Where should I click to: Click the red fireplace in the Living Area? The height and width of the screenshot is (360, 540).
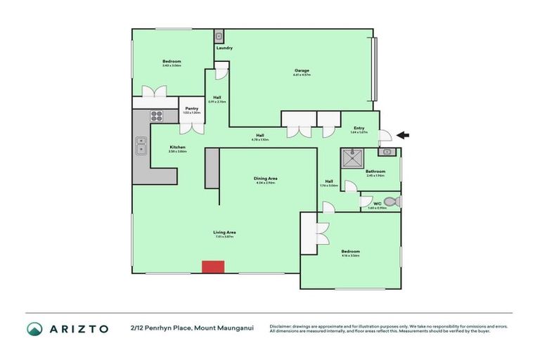[x=212, y=266]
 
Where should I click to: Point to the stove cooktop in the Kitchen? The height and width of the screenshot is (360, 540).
[x=155, y=117]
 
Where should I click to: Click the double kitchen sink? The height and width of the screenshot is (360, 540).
[x=140, y=146]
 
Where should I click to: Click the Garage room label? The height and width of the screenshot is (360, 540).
[x=302, y=70]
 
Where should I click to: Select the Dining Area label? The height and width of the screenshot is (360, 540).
[x=264, y=178]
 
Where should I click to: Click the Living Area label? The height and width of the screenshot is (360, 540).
[x=225, y=232]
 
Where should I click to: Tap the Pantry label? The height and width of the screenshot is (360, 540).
[x=191, y=108]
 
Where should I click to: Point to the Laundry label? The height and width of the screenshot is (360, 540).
[x=224, y=48]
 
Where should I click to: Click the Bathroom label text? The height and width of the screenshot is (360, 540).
[x=375, y=172]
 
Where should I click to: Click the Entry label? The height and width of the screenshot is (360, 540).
[x=359, y=128]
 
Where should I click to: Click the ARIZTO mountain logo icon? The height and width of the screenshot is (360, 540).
[x=34, y=328]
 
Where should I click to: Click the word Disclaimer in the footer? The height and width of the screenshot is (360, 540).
[x=281, y=326]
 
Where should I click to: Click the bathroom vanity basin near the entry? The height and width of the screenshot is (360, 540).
[x=385, y=151]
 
